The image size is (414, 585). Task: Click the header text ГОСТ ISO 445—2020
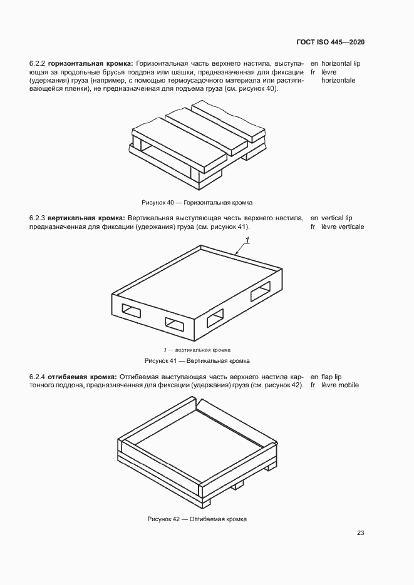330,42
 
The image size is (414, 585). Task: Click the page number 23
361,533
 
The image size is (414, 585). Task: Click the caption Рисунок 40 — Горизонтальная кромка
197,202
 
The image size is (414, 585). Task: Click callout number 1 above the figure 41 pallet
247,241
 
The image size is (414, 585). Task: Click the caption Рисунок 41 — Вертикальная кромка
197,361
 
